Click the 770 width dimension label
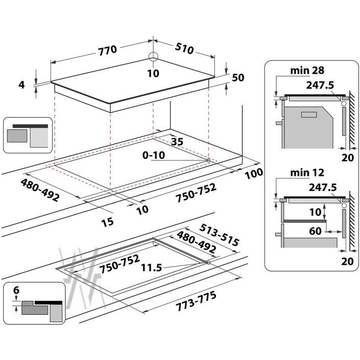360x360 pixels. (107, 51)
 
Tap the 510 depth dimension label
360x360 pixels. (184, 49)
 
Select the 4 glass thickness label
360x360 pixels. (21, 85)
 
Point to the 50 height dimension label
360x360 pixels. (238, 78)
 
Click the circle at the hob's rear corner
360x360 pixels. (153, 56)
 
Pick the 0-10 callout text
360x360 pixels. (154, 155)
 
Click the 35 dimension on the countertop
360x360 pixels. (177, 141)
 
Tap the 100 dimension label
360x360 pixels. (254, 174)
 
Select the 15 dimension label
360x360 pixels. (107, 222)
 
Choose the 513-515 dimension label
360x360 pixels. (219, 235)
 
